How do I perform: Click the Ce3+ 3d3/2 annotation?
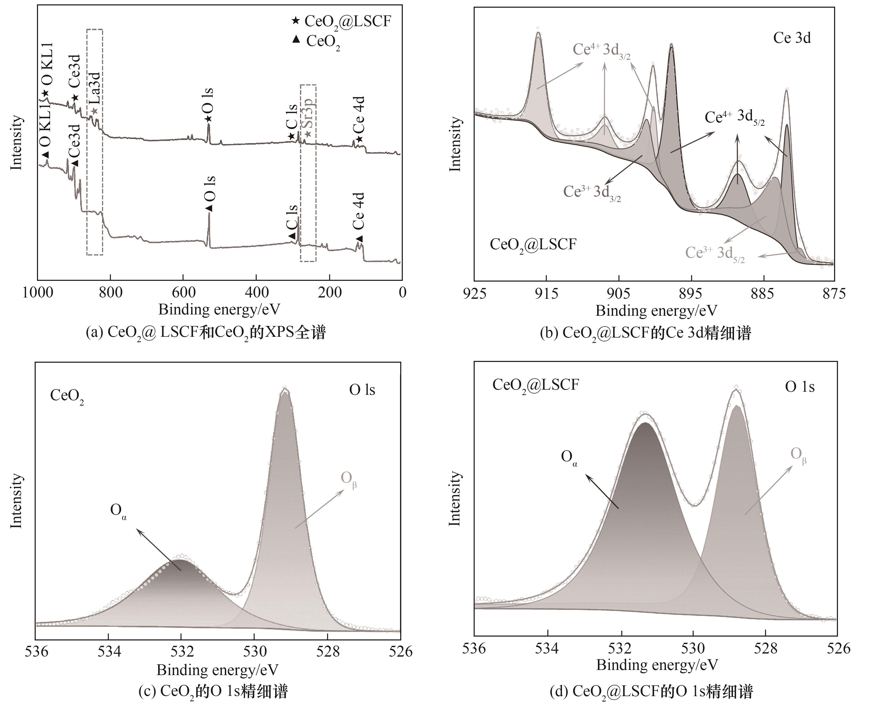click(592, 192)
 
